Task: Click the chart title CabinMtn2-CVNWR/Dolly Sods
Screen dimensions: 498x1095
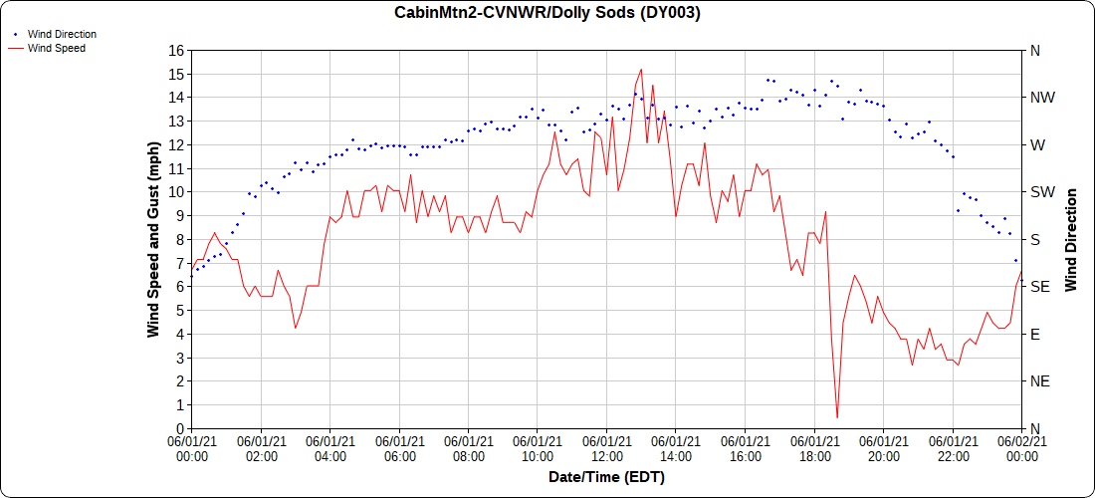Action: [547, 13]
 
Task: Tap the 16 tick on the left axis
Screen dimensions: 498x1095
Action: [176, 50]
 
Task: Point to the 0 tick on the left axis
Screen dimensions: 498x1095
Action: [180, 428]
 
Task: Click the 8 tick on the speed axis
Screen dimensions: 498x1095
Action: [180, 239]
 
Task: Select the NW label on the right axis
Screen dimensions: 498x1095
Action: [1042, 98]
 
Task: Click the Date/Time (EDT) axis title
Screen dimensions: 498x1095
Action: [606, 477]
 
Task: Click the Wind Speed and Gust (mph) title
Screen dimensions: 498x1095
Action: [153, 239]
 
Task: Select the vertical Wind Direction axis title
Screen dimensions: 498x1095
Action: [1071, 239]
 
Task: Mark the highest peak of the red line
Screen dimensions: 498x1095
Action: [641, 70]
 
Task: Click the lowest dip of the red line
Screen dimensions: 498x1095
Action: [837, 417]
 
